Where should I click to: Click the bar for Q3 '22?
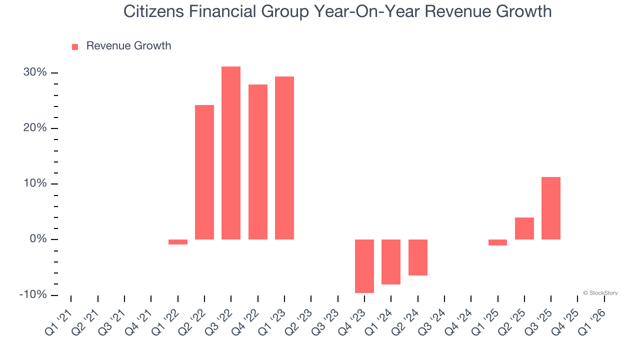tap(231, 153)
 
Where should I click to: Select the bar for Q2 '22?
tap(204, 172)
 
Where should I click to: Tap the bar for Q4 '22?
tap(258, 162)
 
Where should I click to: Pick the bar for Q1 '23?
tap(284, 158)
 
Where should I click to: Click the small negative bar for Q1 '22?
tap(178, 242)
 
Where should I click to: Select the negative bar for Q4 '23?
tap(364, 266)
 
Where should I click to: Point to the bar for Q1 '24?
tap(391, 262)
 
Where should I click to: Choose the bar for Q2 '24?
tap(418, 257)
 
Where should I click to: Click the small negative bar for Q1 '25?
tap(497, 242)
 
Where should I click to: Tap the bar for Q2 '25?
tap(524, 228)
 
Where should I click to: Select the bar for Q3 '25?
tap(551, 208)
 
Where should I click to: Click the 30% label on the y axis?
tap(34, 73)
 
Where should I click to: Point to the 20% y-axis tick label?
tap(34, 128)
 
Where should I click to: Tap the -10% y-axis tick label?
tap(32, 295)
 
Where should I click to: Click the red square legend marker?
tap(75, 47)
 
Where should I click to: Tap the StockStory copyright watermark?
tap(600, 293)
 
